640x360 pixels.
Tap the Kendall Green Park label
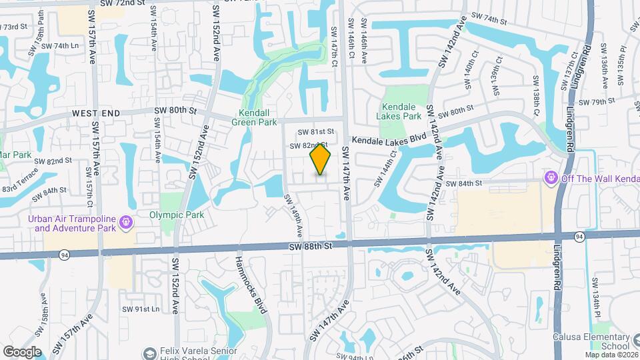click(254, 117)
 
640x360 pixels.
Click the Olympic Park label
click(176, 215)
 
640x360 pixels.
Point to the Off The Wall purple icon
click(551, 177)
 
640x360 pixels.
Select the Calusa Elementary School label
click(591, 341)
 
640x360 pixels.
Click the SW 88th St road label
click(311, 246)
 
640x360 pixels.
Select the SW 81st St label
click(311, 132)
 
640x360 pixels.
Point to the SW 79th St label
click(597, 102)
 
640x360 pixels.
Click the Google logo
click(22, 351)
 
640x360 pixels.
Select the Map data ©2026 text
click(610, 354)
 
